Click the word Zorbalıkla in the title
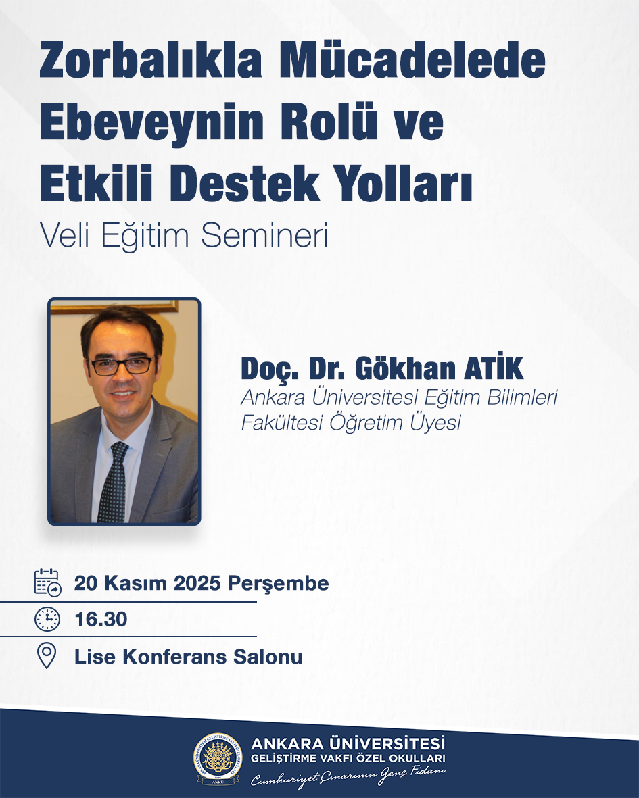point(151,61)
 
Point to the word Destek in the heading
point(245,182)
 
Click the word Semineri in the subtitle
point(265,236)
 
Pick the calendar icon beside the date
point(48,582)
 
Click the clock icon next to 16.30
point(47,620)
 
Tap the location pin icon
point(47,655)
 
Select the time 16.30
point(101,620)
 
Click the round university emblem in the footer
point(218,758)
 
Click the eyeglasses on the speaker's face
point(121,366)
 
